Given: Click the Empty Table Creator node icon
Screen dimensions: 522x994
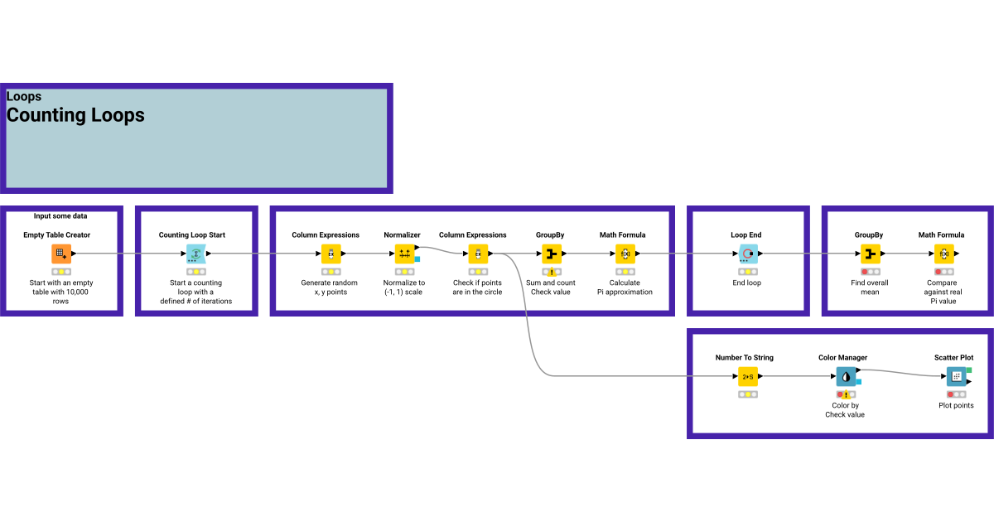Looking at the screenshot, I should pyautogui.click(x=60, y=254).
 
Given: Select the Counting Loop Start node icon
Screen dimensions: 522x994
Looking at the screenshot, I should pyautogui.click(x=195, y=254).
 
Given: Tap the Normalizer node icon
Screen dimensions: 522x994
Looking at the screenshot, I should pyautogui.click(x=404, y=254).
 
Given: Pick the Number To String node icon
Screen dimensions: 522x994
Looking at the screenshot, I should pyautogui.click(x=748, y=376).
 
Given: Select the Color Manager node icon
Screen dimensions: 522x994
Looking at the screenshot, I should pyautogui.click(x=845, y=376).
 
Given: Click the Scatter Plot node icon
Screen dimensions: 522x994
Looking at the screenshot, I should pyautogui.click(x=957, y=376).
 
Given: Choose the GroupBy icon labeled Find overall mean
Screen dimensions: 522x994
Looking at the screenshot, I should pyautogui.click(x=870, y=254).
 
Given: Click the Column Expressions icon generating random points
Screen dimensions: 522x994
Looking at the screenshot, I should pyautogui.click(x=331, y=254).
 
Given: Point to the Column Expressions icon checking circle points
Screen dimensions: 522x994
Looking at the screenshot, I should pyautogui.click(x=477, y=254).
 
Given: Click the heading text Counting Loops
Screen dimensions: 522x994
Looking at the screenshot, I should pyautogui.click(x=75, y=115).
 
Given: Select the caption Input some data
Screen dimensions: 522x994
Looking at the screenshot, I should pyautogui.click(x=60, y=215).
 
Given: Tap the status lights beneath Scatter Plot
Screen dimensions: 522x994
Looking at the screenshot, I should pyautogui.click(x=956, y=394).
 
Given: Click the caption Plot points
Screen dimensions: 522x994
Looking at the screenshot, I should pyautogui.click(x=956, y=405).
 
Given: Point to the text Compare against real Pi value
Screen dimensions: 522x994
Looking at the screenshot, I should pyautogui.click(x=943, y=292).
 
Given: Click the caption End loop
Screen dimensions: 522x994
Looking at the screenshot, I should pyautogui.click(x=746, y=283).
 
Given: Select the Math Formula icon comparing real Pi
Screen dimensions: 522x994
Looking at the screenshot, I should pyautogui.click(x=943, y=254).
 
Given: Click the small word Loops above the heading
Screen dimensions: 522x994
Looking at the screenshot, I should pyautogui.click(x=24, y=97).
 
